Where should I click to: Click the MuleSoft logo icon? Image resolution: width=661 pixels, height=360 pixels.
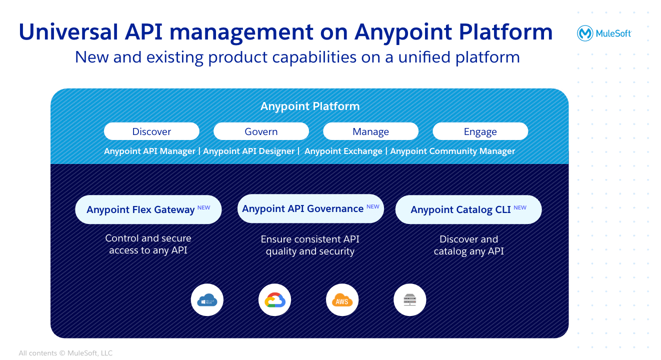585,33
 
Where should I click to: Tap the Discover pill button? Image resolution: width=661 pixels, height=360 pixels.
151,131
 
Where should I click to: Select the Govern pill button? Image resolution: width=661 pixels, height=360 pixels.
261,131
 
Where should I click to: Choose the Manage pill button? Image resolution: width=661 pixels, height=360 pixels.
370,131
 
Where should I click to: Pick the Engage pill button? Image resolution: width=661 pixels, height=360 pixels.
480,131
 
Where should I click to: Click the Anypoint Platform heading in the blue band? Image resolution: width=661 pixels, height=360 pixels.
310,106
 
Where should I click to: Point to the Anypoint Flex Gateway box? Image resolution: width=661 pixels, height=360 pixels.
148,209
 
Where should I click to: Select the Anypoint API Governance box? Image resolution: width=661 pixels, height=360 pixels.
310,208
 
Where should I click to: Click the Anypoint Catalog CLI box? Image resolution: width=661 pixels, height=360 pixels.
468,209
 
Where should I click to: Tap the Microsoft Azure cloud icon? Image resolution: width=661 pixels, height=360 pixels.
207,300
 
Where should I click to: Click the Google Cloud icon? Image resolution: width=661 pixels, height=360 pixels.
274,300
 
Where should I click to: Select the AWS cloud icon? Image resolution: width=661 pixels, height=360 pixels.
342,300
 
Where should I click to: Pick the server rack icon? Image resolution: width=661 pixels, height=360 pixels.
410,300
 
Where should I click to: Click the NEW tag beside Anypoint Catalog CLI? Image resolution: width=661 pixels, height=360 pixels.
520,207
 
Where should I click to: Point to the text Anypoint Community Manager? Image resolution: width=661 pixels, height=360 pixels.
452,151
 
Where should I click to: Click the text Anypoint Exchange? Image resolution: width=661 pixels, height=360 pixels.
343,151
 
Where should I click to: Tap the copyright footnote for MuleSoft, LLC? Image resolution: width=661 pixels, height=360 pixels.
65,353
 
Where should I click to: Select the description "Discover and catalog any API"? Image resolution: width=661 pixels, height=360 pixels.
468,245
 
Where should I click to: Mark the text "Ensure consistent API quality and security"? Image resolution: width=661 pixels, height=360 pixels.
310,245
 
